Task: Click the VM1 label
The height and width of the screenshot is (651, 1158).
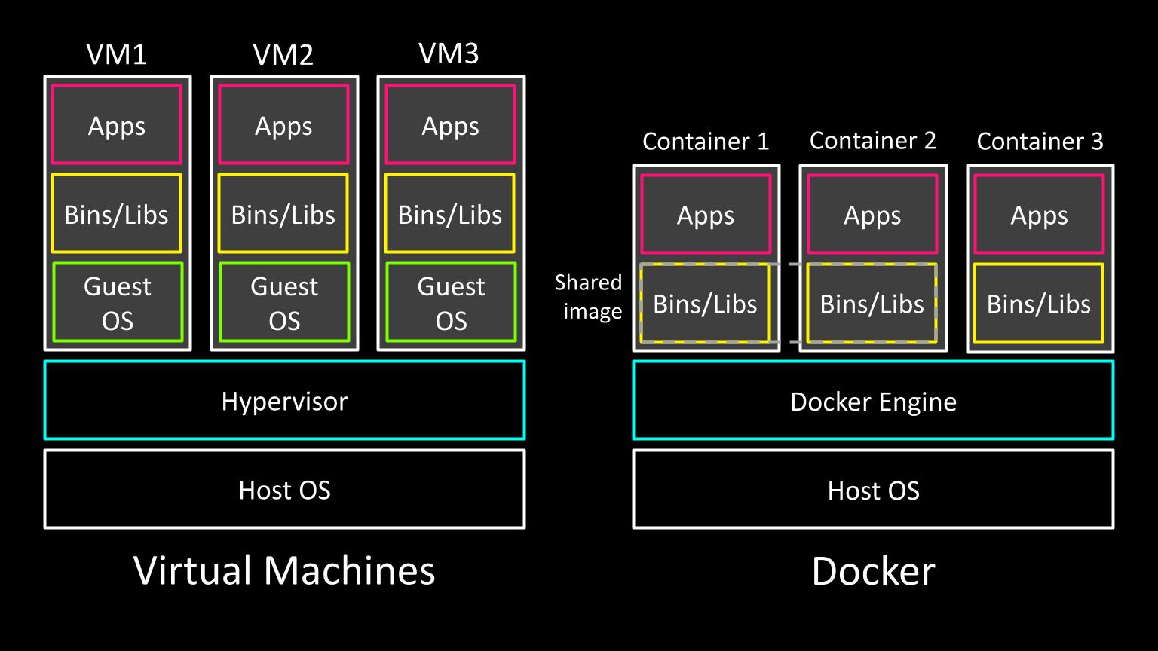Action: [117, 54]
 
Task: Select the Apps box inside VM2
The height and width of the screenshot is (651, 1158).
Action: [283, 124]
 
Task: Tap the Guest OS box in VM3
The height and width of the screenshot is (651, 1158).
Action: [451, 302]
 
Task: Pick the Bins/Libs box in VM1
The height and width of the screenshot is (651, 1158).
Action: [116, 214]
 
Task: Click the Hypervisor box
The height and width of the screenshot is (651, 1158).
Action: [284, 400]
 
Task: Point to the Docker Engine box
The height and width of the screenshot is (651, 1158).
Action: [873, 400]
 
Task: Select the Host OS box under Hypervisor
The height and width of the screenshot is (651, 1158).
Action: [284, 489]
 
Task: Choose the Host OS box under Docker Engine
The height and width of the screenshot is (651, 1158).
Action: [873, 489]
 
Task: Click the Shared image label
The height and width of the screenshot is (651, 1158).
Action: [589, 296]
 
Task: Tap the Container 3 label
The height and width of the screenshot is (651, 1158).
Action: [1040, 141]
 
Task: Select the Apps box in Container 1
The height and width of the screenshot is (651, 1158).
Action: [706, 215]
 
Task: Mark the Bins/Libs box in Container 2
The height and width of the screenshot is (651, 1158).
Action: [872, 303]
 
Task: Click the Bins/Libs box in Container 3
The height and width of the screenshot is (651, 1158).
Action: [1039, 303]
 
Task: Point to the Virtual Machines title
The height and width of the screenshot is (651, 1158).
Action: [284, 570]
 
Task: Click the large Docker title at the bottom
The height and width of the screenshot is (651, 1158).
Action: [873, 570]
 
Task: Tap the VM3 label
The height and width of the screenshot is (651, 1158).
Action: [449, 53]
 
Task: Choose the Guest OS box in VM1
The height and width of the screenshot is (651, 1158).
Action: [117, 302]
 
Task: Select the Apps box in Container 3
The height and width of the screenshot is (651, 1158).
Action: [1039, 215]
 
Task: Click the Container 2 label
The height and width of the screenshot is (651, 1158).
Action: [872, 140]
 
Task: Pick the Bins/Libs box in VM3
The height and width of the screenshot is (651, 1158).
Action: [450, 214]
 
